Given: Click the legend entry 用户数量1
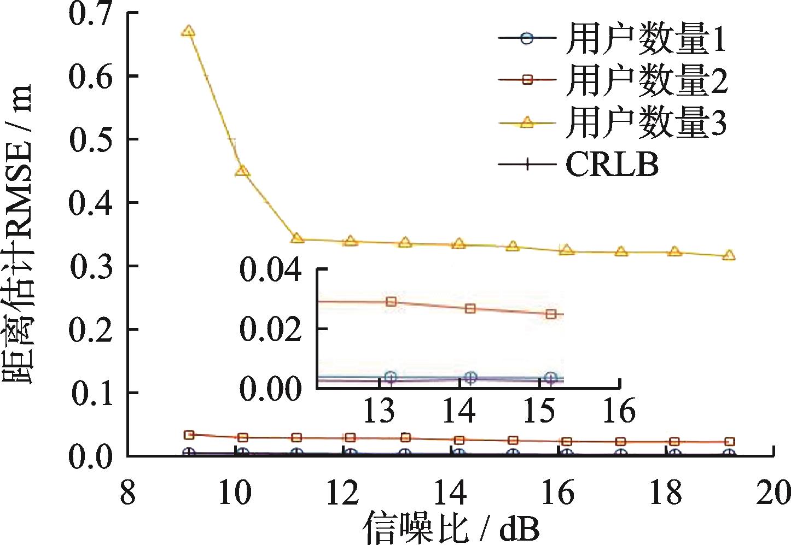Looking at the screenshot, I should [613, 39].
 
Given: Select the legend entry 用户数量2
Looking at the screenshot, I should [613, 81].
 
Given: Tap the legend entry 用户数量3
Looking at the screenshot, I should [613, 122].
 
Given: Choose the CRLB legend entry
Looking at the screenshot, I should [580, 164].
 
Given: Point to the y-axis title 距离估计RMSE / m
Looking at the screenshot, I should [21, 235].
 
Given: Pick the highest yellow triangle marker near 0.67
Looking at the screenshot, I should [189, 31].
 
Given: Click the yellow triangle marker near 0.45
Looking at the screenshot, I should [242, 171].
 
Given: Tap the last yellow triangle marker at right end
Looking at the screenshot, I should [729, 255].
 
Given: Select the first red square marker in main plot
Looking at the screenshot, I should [189, 435].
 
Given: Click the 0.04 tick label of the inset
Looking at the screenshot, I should [271, 272].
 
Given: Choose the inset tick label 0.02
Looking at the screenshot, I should [271, 329].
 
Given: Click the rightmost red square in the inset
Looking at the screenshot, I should [551, 314].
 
